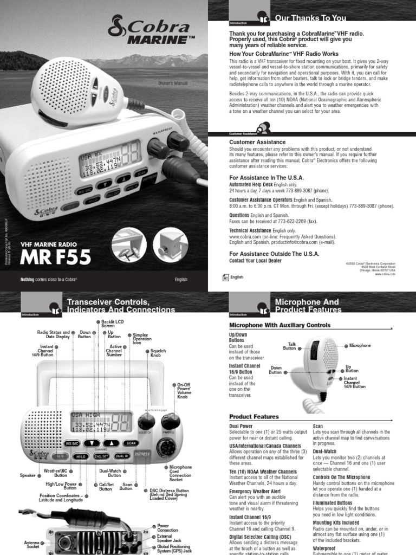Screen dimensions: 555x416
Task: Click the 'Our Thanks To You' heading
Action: pyautogui.click(x=310, y=18)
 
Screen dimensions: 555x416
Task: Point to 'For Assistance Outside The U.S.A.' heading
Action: pyautogui.click(x=275, y=254)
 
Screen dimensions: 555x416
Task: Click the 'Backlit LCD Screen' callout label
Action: pyautogui.click(x=113, y=324)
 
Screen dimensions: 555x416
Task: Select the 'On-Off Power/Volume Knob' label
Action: pyautogui.click(x=185, y=390)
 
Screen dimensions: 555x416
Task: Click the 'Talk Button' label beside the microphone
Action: pyautogui.click(x=289, y=346)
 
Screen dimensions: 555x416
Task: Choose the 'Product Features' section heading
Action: pyautogui.click(x=254, y=417)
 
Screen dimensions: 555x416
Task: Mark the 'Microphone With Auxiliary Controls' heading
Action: pyautogui.click(x=280, y=325)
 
